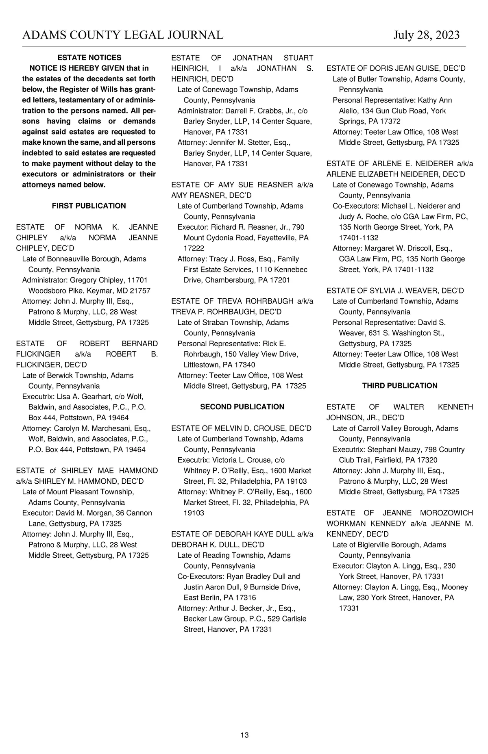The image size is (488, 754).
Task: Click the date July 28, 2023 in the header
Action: [426, 35]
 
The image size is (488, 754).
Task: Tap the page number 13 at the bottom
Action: [244, 735]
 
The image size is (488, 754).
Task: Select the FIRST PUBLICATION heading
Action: [89, 206]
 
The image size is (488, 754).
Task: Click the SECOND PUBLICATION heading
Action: [242, 407]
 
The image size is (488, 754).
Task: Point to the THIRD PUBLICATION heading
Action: [400, 386]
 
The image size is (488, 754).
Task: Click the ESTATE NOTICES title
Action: [89, 58]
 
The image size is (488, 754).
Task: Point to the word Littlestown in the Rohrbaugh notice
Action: [202, 365]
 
